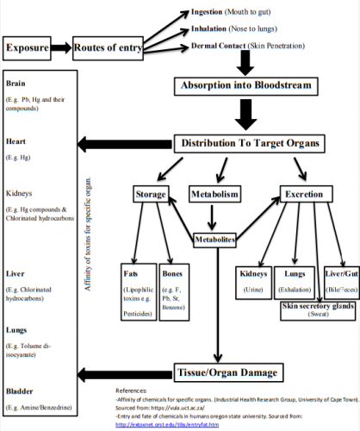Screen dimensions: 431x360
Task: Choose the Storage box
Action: [x=151, y=195]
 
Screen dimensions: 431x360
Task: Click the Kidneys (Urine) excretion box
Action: [x=258, y=280]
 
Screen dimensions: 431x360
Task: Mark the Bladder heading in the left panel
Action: [x=19, y=390]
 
